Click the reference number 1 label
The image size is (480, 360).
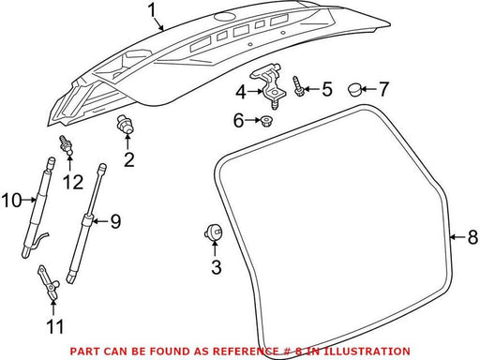(152, 10)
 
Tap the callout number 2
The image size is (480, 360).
(129, 159)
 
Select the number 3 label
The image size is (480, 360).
(217, 267)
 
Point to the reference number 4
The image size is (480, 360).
(241, 92)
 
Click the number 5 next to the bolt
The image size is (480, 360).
(327, 89)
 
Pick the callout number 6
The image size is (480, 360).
(238, 120)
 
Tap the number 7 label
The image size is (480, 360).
(383, 89)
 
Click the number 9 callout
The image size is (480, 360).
(115, 221)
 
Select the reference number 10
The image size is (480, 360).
(12, 200)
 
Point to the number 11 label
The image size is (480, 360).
(54, 326)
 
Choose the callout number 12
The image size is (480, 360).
(73, 182)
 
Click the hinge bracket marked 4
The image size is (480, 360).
(268, 86)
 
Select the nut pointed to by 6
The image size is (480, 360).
(266, 121)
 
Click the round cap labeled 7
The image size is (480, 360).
(354, 90)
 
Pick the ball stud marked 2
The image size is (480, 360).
(125, 126)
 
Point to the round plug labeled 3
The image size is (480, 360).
(213, 232)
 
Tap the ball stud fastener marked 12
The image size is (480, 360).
(66, 144)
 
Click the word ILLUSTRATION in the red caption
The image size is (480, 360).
(367, 352)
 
